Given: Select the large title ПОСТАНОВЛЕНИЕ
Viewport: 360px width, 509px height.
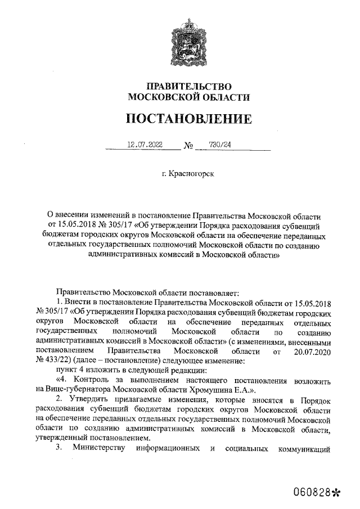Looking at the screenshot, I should click(188, 119).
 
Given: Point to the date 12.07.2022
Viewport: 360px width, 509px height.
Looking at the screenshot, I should click(145, 145).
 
